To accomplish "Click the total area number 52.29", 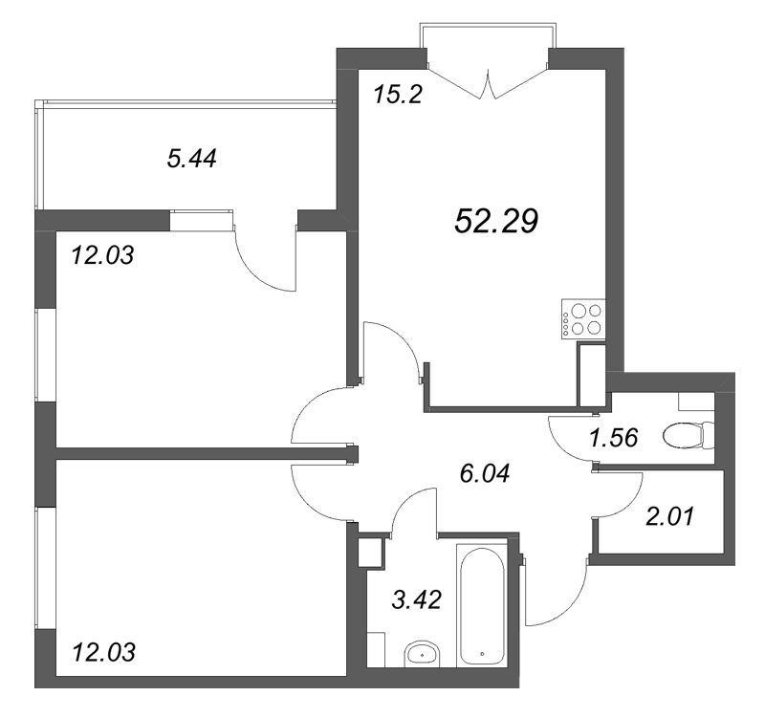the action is click(495, 221).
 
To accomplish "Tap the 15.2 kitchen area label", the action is click(397, 94).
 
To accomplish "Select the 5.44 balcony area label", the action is click(191, 159).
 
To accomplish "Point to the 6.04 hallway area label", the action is click(485, 473).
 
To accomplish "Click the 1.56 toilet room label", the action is click(613, 438).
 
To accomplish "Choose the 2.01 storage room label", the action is click(668, 516).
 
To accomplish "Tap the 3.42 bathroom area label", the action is click(416, 599).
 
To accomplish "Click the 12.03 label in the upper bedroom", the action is click(102, 255).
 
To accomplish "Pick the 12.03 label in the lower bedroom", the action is click(103, 652).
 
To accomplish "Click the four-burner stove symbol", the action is click(583, 319).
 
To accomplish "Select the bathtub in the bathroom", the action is click(482, 605).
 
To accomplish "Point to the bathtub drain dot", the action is click(482, 654).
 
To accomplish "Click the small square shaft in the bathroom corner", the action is click(370, 553).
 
